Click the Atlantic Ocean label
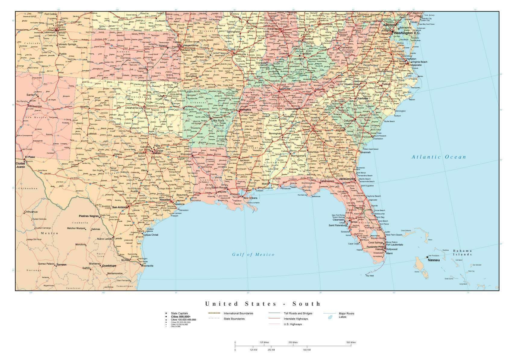click(x=439, y=157)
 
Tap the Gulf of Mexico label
click(x=253, y=254)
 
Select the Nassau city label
click(x=434, y=260)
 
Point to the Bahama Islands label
click(x=462, y=253)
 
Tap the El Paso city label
click(x=30, y=157)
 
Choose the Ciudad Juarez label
click(x=21, y=165)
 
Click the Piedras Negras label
click(x=89, y=216)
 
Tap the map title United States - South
click(x=263, y=304)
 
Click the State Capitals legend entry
click(x=179, y=314)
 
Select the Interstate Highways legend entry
click(x=295, y=319)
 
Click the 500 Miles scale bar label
click(x=351, y=342)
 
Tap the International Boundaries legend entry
click(x=238, y=314)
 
